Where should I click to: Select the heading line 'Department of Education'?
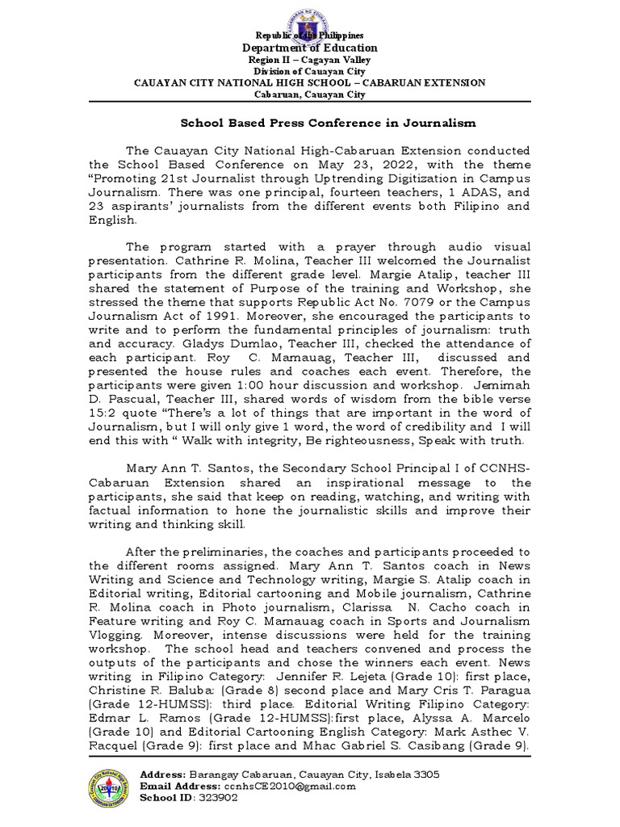(x=310, y=48)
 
